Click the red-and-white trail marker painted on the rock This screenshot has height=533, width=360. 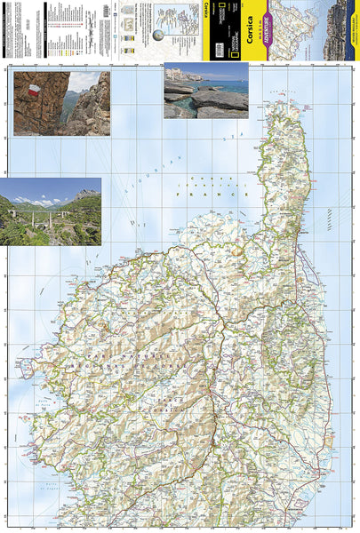click(33, 91)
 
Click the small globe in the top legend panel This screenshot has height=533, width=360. click(158, 36)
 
